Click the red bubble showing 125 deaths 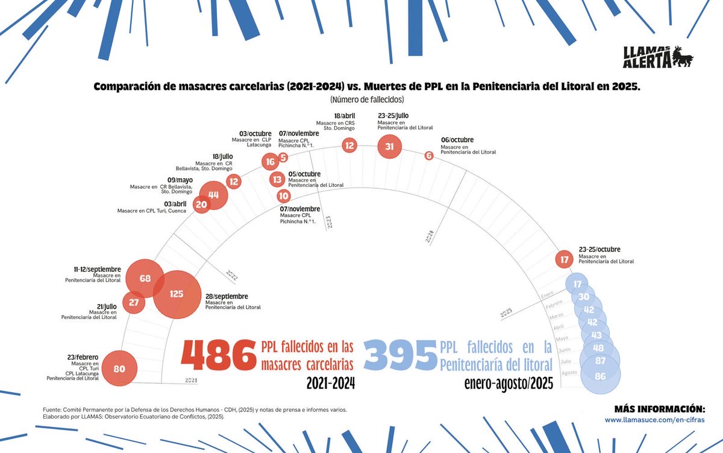(177, 294)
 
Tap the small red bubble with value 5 (283, 157)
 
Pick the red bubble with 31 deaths (389, 146)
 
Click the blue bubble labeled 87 (599, 361)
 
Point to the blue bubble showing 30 (583, 297)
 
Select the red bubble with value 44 (213, 194)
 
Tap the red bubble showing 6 (429, 156)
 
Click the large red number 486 (218, 356)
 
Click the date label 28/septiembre (227, 296)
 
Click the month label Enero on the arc (546, 294)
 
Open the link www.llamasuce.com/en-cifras (654, 419)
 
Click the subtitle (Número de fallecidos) (366, 99)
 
